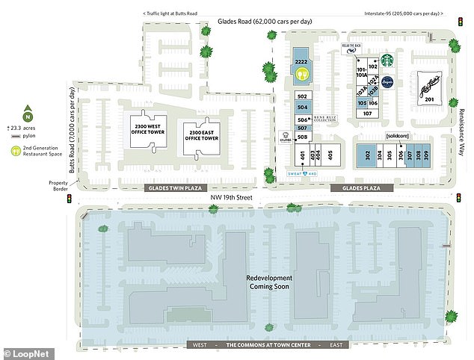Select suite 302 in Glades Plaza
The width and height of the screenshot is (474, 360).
point(369,155)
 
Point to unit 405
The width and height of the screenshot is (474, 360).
point(330,156)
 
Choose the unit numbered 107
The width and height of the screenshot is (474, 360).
point(368,114)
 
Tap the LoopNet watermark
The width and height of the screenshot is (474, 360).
point(25,350)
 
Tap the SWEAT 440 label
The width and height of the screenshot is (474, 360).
point(304,173)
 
